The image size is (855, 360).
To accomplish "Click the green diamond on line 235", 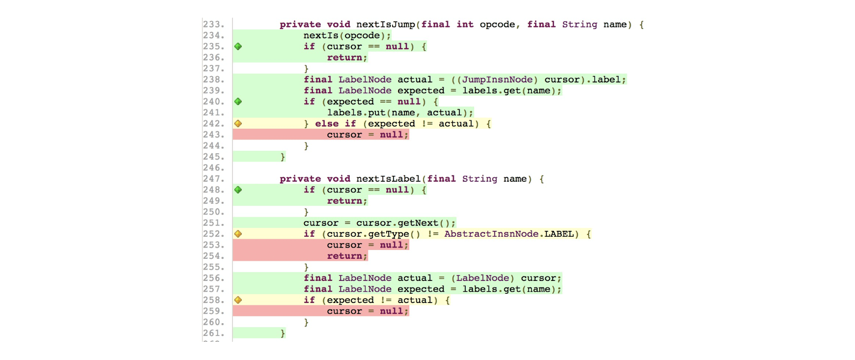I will [238, 47].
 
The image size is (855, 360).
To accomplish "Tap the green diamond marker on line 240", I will [238, 102].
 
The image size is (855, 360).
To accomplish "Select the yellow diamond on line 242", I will [238, 124].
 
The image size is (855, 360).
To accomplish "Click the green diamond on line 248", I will [238, 190].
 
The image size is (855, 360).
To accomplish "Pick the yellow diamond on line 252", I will [238, 234].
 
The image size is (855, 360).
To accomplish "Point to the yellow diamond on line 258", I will [238, 300].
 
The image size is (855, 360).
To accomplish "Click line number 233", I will [214, 25].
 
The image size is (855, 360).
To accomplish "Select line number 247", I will [214, 179].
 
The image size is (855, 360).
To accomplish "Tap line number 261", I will [214, 333].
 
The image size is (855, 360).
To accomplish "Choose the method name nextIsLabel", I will [388, 179].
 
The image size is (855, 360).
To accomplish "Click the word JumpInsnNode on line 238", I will [497, 80].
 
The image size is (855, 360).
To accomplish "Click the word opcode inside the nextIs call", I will [362, 36].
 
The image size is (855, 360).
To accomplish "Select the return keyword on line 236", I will [344, 58].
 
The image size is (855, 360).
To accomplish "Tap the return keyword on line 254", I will [344, 256].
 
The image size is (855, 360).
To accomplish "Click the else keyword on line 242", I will [327, 124].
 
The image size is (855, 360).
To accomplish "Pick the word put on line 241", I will [377, 113].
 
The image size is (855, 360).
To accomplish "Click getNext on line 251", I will [418, 223].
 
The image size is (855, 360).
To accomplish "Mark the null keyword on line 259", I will [392, 311].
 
